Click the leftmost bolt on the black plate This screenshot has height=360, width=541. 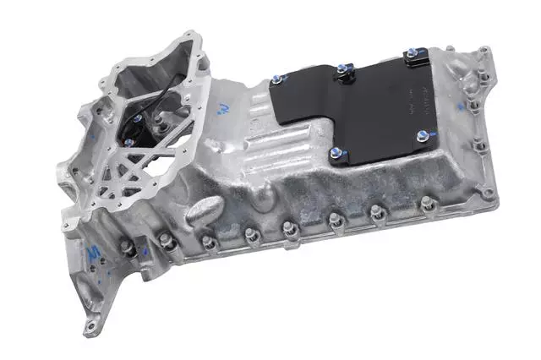(x=276, y=82)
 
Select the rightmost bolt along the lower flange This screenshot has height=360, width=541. (x=428, y=203)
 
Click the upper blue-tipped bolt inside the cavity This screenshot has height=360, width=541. (x=136, y=119)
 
